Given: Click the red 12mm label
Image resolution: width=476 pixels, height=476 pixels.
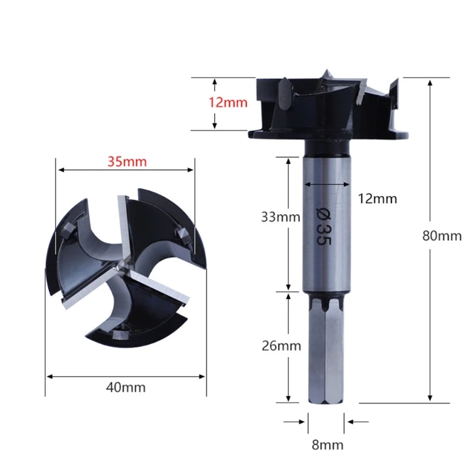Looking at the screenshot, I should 227,102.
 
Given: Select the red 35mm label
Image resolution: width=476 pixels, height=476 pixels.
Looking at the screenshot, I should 126,161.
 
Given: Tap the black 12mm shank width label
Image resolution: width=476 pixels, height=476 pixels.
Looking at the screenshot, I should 377,199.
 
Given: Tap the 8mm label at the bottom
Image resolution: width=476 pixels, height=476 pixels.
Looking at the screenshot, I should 326,444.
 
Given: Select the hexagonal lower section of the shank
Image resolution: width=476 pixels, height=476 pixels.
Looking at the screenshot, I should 325,357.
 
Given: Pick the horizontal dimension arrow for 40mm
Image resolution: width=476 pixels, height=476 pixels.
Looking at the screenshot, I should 126,376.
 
